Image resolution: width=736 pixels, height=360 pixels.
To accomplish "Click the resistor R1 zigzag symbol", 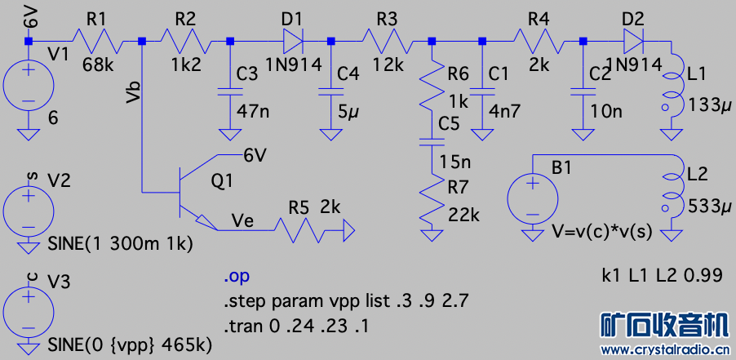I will pyautogui.click(x=98, y=40).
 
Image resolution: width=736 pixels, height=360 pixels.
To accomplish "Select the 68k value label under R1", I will pyautogui.click(x=99, y=65).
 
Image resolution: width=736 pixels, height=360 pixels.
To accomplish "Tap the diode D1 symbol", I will pyautogui.click(x=294, y=40).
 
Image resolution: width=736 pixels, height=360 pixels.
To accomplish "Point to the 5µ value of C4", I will pyautogui.click(x=348, y=111).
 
